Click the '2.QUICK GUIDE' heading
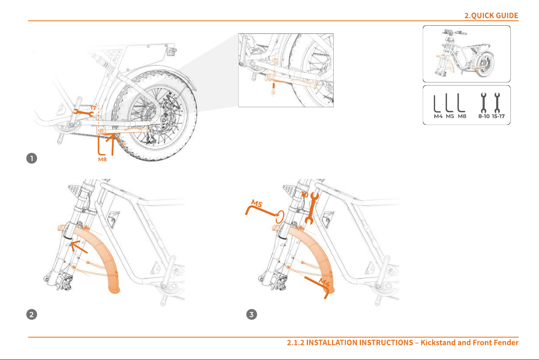point(491,15)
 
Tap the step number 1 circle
point(32,159)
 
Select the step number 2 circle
point(32,314)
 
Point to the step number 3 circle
point(252,314)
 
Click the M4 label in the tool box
point(438,116)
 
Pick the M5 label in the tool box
point(450,116)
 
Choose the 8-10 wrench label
point(484,116)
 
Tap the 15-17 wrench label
point(498,116)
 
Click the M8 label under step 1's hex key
point(102,159)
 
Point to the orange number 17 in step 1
point(93,108)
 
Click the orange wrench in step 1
point(84,113)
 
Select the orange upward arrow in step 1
point(112,144)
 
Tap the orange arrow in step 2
point(79,247)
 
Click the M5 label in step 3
point(257,203)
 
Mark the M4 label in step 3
point(324,282)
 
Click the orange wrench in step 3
point(312,208)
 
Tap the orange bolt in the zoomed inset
point(273,88)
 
